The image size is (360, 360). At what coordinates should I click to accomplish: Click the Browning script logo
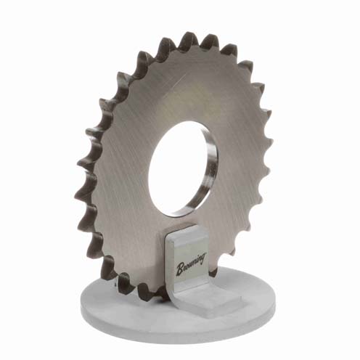191,264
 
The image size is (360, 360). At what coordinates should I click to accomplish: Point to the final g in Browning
203,257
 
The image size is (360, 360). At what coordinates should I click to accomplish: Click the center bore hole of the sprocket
179,169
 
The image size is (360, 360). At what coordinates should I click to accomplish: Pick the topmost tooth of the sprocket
187,38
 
